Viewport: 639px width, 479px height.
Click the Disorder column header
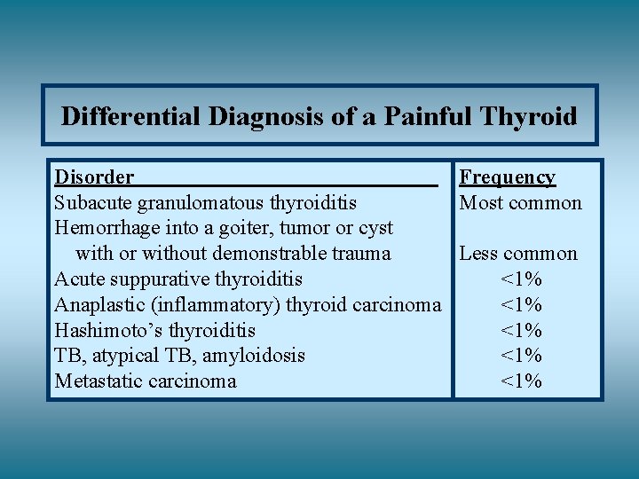tap(94, 177)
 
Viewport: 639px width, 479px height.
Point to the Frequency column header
tap(507, 177)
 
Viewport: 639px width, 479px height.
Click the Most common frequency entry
tap(520, 203)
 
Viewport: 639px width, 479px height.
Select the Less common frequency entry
tap(517, 254)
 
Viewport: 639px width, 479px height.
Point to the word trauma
tap(359, 254)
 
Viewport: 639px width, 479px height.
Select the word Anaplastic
tap(99, 305)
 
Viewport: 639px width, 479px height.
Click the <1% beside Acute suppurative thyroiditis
tap(521, 279)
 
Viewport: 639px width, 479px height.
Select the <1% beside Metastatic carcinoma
tap(521, 381)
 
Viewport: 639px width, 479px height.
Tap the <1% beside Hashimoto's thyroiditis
tap(521, 331)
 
